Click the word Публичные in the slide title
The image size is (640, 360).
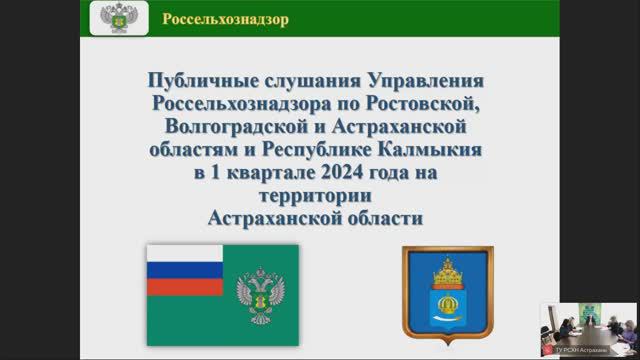(195, 79)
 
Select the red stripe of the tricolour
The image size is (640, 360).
(185, 285)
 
